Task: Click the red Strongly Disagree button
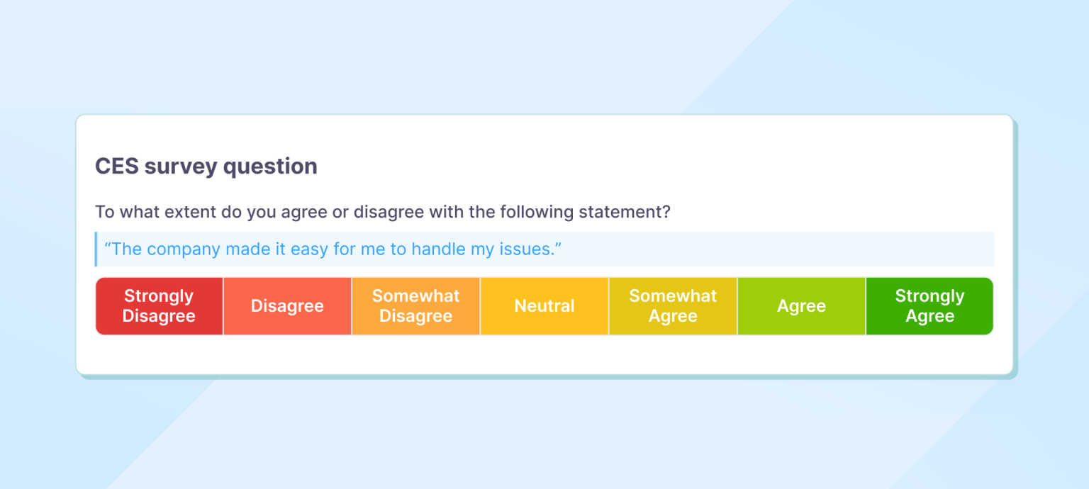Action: coord(159,306)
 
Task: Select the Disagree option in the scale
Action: coord(287,306)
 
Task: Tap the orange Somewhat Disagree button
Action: coord(416,306)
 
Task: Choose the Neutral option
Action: coord(544,306)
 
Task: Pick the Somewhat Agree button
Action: coord(673,306)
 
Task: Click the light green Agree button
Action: coord(801,306)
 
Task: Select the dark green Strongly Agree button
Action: coord(929,306)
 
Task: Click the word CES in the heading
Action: coord(116,167)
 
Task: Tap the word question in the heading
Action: coord(270,167)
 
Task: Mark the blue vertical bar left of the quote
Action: coord(96,249)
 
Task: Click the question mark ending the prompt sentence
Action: coord(666,212)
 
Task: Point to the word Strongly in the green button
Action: coord(929,296)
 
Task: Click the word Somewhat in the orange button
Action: coord(416,296)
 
